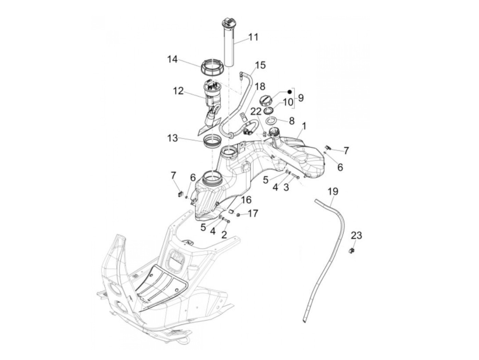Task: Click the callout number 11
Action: (x=253, y=37)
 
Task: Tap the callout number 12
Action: (x=178, y=91)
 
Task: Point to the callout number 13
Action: (x=172, y=138)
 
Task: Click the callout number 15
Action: (x=260, y=65)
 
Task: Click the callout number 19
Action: (x=333, y=191)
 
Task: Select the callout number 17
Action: (x=253, y=214)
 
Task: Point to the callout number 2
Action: (x=224, y=234)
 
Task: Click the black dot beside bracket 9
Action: (x=289, y=92)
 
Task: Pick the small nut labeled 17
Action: (x=238, y=215)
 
